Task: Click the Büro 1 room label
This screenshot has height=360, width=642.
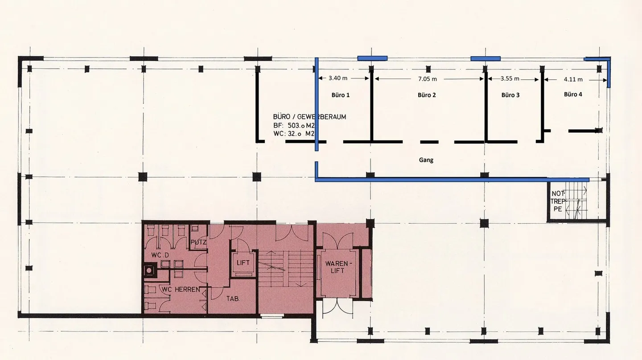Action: [341, 95]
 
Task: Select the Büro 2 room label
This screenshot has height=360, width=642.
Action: [427, 95]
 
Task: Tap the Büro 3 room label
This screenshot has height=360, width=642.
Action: [510, 95]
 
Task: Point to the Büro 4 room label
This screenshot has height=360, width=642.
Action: [573, 94]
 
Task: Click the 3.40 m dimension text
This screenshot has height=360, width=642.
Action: [338, 78]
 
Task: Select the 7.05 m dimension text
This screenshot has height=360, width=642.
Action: [427, 78]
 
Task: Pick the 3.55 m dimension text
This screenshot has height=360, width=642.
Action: [510, 78]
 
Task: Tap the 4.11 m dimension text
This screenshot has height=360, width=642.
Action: [573, 79]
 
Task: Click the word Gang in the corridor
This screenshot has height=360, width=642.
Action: [426, 160]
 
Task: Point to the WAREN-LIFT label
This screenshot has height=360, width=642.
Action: [337, 266]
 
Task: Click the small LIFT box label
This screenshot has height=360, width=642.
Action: [243, 263]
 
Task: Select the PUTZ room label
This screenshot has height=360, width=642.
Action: [198, 242]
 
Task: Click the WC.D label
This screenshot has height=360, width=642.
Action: [160, 255]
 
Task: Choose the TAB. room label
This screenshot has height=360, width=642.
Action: [233, 299]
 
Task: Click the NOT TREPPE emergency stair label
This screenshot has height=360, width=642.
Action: [558, 201]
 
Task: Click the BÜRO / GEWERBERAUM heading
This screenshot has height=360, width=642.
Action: [309, 117]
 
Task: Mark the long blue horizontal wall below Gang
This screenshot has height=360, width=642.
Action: [452, 180]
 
